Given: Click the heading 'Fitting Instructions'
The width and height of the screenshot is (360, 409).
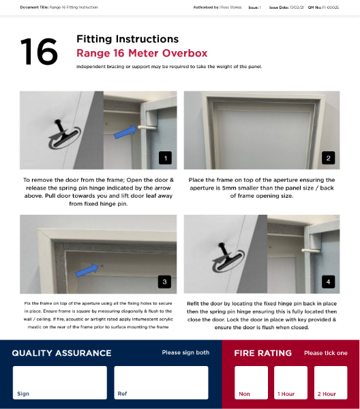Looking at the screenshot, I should (x=127, y=40).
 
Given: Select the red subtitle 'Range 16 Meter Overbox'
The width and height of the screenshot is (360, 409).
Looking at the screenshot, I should (x=142, y=53).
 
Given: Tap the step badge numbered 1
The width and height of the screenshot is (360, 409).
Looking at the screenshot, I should (x=164, y=158).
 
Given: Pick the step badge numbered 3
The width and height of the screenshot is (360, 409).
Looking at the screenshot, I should (x=164, y=281).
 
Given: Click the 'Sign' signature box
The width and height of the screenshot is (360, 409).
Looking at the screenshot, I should (x=60, y=382).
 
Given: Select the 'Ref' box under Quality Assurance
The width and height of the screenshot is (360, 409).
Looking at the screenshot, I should (x=161, y=382).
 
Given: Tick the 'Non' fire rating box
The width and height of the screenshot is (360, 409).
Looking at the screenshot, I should (x=252, y=382).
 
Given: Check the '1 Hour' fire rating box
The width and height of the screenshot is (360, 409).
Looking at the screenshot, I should (x=291, y=382).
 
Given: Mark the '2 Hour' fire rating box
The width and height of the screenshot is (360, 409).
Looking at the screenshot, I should (x=331, y=382).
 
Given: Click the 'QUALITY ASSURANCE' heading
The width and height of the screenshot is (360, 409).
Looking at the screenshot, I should (x=61, y=353).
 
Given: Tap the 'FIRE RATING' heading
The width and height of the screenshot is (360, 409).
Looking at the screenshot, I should (x=262, y=353).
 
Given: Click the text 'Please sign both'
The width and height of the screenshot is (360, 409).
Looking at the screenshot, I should (x=185, y=353).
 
